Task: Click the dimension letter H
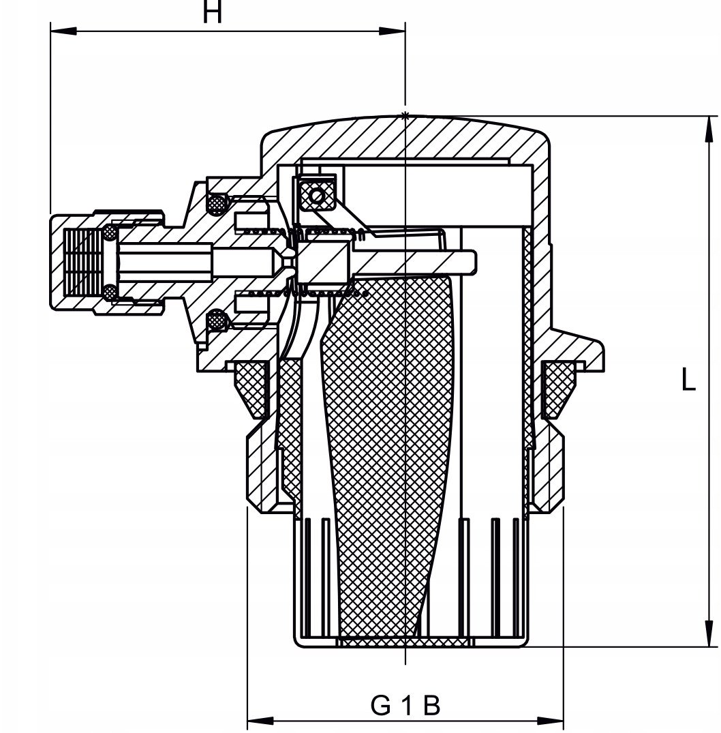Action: pyautogui.click(x=212, y=13)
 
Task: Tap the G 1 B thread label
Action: pyautogui.click(x=405, y=706)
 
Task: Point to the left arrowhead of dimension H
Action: pyautogui.click(x=63, y=31)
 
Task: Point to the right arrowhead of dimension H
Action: pyautogui.click(x=393, y=31)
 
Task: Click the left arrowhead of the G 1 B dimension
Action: pyautogui.click(x=260, y=720)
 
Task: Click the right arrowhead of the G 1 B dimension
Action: pyautogui.click(x=551, y=720)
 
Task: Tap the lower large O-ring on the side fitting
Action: pyautogui.click(x=217, y=320)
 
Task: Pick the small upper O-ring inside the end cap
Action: pyautogui.click(x=110, y=233)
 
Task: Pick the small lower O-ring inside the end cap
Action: pyautogui.click(x=110, y=293)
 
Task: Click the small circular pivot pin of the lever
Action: pyautogui.click(x=317, y=196)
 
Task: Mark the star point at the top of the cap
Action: pyautogui.click(x=405, y=115)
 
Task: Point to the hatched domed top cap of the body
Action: pyautogui.click(x=405, y=140)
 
